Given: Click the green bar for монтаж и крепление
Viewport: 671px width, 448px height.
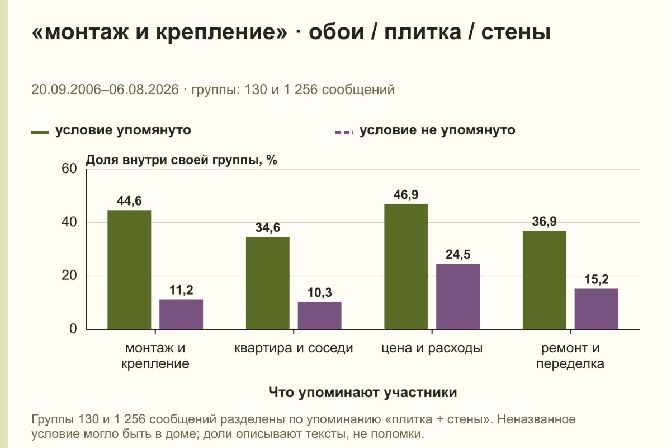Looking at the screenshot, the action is click(129, 269).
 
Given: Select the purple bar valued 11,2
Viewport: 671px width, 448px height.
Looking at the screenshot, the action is click(181, 314).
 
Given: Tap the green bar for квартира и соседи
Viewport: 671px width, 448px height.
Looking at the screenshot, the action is click(267, 283).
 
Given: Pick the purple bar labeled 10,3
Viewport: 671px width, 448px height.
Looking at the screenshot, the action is click(319, 315).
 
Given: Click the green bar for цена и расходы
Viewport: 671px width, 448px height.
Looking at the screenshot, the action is click(406, 267).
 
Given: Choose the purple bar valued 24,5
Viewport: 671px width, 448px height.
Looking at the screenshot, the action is click(458, 296).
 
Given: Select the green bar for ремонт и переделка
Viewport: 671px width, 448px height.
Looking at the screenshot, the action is click(544, 280).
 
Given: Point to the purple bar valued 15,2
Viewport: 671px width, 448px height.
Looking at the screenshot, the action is click(596, 309).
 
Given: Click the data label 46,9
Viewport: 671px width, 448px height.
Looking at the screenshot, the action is click(406, 195).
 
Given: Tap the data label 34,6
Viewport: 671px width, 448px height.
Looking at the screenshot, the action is click(267, 227).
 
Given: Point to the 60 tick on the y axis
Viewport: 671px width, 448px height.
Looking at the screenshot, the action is click(69, 169).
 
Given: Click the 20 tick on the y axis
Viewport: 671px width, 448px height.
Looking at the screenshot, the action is click(69, 276).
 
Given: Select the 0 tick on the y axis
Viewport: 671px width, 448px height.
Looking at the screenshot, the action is click(73, 329).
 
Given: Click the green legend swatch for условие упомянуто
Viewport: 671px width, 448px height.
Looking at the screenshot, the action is click(40, 132).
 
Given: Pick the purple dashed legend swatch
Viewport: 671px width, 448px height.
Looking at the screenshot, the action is click(344, 132).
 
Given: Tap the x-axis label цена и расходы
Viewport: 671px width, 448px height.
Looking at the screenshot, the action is click(432, 348).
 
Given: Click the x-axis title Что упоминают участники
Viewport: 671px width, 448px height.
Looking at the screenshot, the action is click(363, 392).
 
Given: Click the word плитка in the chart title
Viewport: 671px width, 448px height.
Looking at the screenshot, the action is click(423, 32).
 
